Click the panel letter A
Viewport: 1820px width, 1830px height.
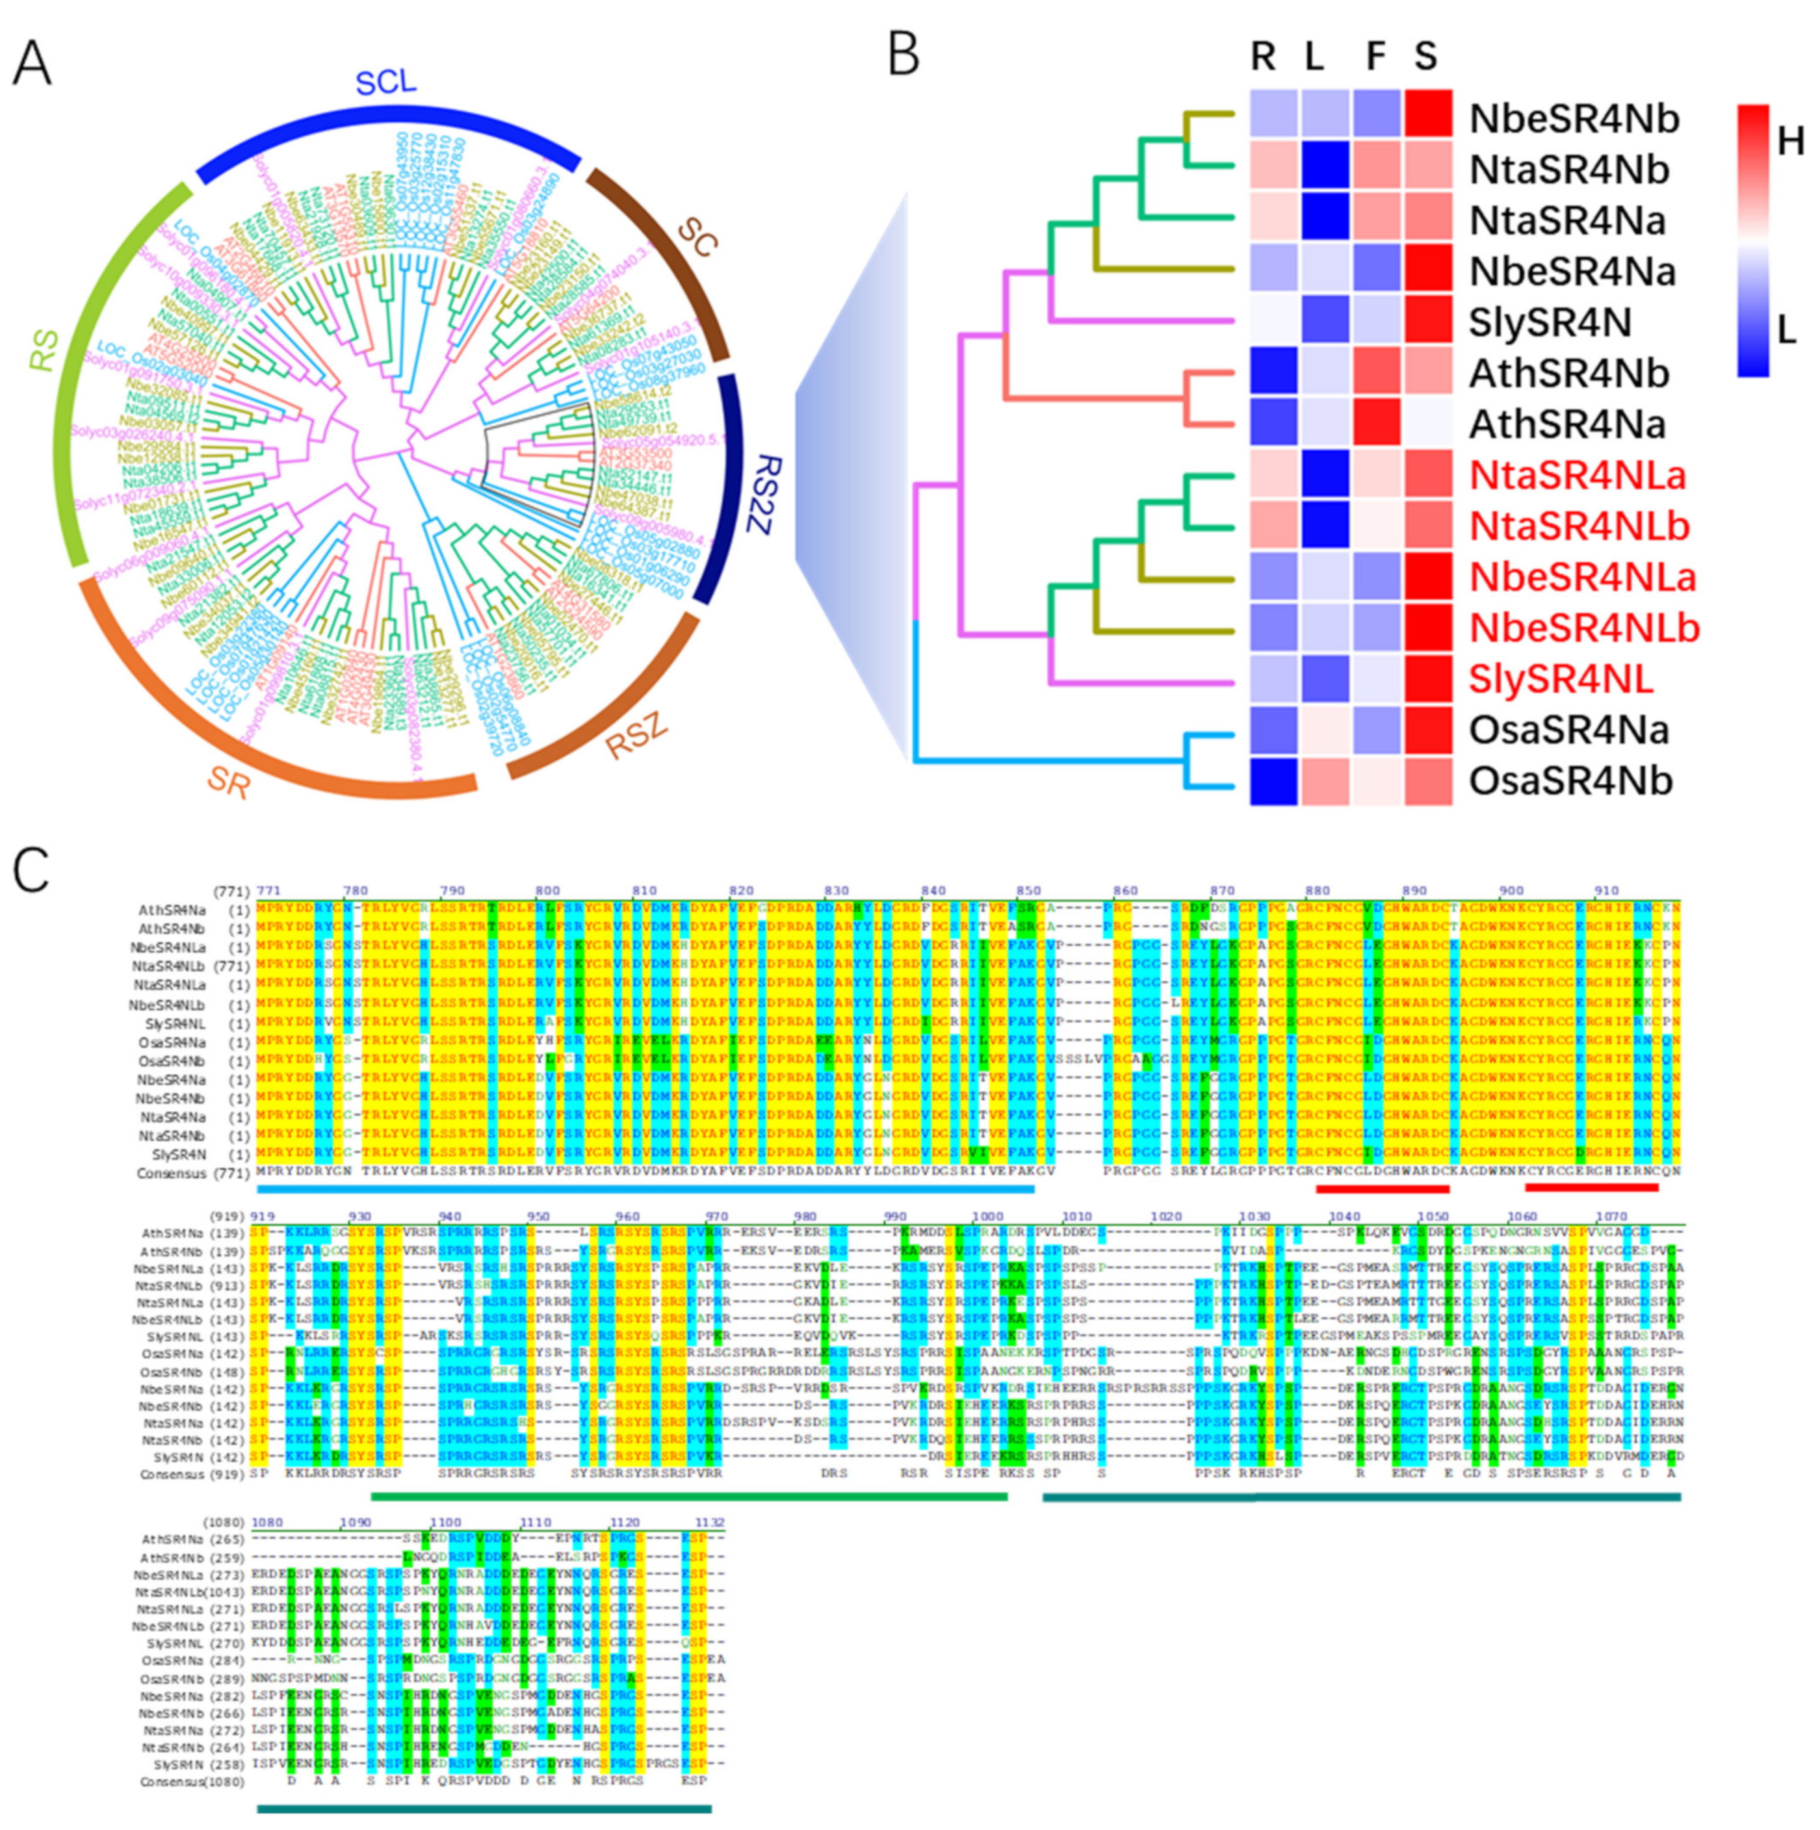(32, 64)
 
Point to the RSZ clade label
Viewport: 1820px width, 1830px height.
(636, 736)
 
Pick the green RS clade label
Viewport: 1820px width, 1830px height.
(44, 350)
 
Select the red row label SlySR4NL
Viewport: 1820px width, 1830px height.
(1561, 679)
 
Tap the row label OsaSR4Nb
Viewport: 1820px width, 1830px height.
(1570, 781)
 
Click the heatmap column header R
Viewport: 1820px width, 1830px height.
(1263, 57)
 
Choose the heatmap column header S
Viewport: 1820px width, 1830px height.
(1426, 57)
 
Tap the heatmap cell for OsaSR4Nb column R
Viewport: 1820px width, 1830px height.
(1273, 781)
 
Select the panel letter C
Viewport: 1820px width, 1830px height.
(31, 869)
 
